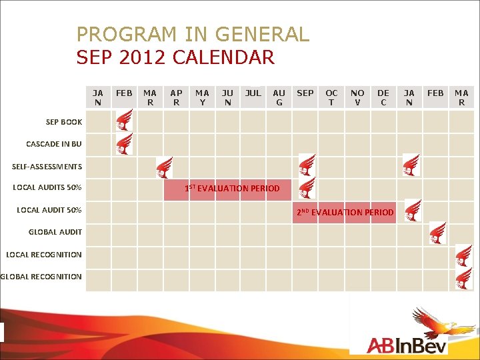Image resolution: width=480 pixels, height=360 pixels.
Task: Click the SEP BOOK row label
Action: [x=64, y=122]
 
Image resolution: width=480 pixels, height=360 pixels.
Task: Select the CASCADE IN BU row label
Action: [x=54, y=144]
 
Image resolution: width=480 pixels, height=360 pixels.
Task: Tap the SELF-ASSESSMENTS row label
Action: [x=47, y=166]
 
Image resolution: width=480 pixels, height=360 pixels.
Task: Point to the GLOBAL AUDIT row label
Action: [x=55, y=232]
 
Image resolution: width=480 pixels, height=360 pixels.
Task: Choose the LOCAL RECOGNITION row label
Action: [x=44, y=254]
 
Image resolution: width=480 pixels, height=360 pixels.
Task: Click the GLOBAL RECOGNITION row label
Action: [x=41, y=277]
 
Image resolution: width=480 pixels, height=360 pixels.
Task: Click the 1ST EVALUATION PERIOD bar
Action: [x=232, y=189]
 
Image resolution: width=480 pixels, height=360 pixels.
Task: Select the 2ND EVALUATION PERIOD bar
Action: [x=345, y=212]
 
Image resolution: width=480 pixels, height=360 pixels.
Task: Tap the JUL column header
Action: [x=253, y=93]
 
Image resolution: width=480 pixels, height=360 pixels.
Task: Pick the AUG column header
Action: [x=279, y=98]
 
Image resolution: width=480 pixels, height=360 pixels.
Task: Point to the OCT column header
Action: [x=331, y=98]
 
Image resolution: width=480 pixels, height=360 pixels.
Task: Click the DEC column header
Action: [x=383, y=98]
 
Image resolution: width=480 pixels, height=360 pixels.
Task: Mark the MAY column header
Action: [x=202, y=98]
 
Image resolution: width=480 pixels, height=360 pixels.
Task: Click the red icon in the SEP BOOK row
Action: [x=124, y=121]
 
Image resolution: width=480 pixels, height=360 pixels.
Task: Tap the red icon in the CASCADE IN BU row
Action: [x=124, y=143]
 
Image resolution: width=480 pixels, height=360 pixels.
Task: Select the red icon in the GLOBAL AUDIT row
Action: [x=438, y=232]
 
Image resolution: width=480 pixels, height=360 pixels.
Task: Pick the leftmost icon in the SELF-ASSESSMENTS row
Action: [x=163, y=167]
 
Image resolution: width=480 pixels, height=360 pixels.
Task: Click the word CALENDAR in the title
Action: [x=223, y=57]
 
